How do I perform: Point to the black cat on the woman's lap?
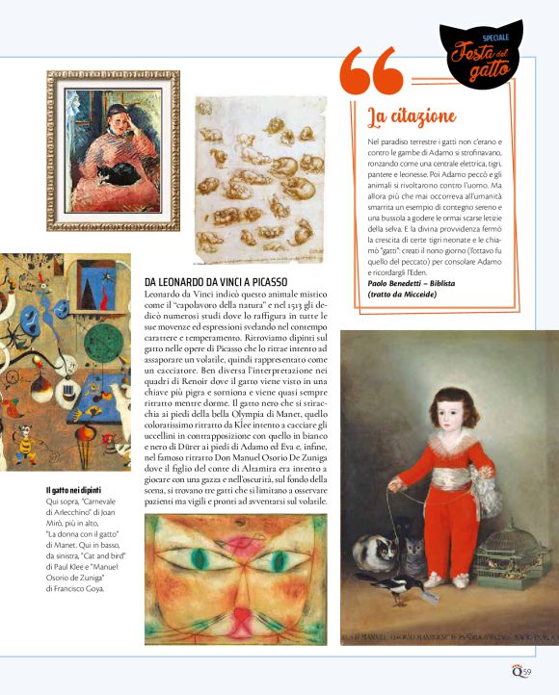[x=120, y=173]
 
